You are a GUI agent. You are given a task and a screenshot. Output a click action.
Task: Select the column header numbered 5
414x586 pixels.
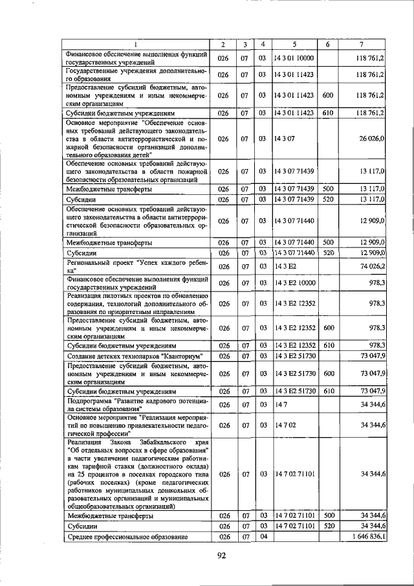293,45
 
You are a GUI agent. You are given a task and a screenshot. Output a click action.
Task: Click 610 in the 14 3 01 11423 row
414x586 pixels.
327,113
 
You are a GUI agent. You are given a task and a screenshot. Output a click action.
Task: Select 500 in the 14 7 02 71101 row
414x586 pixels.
327,516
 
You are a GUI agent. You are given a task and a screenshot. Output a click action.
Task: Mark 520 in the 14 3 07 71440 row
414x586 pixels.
327,252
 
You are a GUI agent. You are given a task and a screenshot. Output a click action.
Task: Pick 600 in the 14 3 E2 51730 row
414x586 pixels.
327,374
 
